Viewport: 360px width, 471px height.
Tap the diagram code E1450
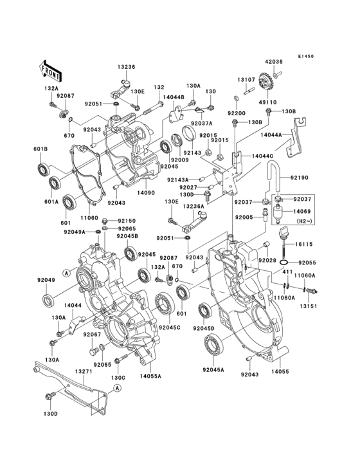click(305, 56)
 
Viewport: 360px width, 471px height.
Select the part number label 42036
click(273, 62)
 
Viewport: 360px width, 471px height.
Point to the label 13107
click(246, 80)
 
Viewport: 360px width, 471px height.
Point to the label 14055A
click(150, 375)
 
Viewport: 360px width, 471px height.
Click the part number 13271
click(82, 372)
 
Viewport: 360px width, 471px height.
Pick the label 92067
click(93, 335)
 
